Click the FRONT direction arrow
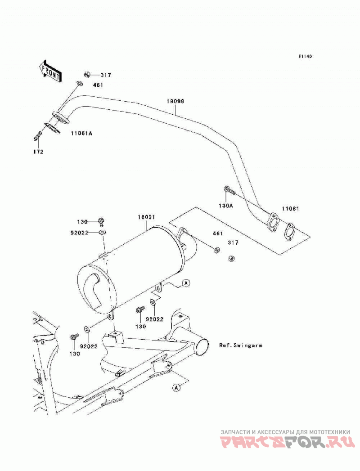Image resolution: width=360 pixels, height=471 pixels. [50, 71]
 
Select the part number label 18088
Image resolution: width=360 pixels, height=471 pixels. [175, 101]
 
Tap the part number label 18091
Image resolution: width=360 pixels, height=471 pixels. [146, 217]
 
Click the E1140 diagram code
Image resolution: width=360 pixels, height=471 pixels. [305, 56]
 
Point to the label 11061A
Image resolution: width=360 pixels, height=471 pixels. [81, 133]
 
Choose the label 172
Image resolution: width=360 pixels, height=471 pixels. [38, 152]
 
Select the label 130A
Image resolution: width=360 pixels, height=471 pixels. [226, 206]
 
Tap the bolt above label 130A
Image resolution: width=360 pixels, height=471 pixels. [229, 190]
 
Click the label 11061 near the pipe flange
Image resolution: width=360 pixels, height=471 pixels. [290, 208]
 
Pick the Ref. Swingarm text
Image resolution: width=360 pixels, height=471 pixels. [241, 345]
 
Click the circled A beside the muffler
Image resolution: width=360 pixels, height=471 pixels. [186, 283]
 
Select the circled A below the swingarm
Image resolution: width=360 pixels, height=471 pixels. [176, 388]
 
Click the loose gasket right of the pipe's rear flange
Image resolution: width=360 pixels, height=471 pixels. [289, 232]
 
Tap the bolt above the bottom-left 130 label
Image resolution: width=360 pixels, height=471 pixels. [74, 337]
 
